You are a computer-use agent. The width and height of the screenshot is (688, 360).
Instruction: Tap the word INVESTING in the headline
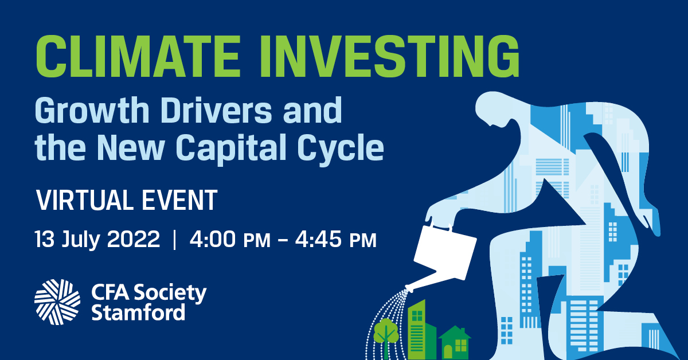tap(389, 56)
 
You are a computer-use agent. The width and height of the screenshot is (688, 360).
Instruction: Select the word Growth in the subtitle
tap(92, 110)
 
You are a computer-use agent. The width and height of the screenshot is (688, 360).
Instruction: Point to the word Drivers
tap(216, 110)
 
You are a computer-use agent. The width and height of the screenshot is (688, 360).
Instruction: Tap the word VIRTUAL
tap(84, 200)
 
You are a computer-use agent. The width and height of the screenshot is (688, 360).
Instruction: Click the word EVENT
tap(179, 200)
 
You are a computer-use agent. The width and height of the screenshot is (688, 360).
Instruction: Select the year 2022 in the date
tap(133, 239)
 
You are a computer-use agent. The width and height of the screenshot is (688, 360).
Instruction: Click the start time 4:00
tap(213, 239)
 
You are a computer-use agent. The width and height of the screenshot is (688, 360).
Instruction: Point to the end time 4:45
tap(318, 239)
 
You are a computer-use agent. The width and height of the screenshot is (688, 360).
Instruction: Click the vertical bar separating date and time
tap(175, 240)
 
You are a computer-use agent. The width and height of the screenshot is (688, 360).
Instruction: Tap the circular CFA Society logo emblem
tap(57, 302)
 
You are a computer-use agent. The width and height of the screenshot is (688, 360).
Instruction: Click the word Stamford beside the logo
tap(138, 312)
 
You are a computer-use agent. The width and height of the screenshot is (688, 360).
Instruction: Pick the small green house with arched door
tap(454, 343)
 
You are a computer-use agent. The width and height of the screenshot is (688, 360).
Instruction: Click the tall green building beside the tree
tap(421, 330)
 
